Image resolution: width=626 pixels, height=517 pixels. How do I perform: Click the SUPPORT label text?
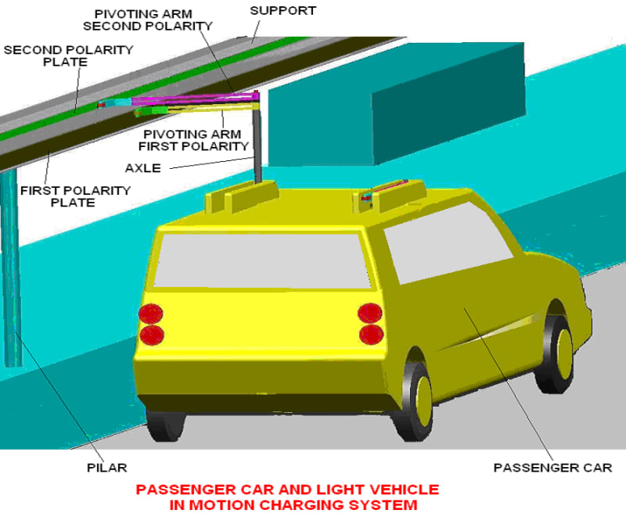point(282,11)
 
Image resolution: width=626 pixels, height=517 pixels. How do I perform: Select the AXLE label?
point(142,167)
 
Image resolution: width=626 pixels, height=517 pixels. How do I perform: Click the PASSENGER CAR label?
point(552,468)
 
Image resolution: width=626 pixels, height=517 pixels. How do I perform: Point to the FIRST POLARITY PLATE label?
point(75,196)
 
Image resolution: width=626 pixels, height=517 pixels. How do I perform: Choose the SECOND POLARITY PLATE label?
point(69,56)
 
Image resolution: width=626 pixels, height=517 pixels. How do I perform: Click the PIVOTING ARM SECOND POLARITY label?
point(153,20)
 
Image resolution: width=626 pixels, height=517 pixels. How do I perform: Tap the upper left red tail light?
point(150,314)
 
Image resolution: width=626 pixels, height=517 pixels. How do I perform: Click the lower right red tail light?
point(369,335)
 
